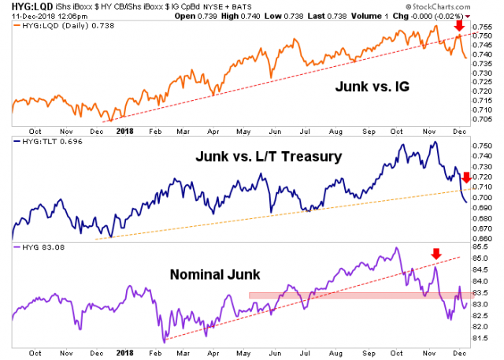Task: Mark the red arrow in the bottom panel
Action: tap(435, 254)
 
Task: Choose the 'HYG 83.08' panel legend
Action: tap(39, 248)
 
